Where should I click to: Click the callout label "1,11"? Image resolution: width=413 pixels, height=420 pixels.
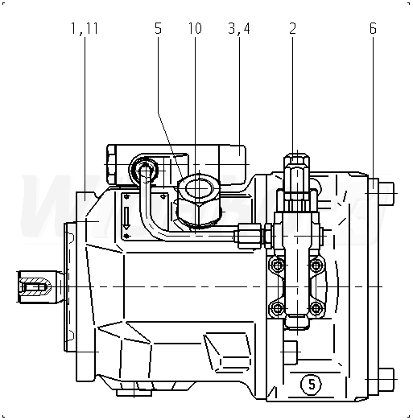coord(85,28)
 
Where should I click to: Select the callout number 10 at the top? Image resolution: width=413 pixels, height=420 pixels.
coord(195,28)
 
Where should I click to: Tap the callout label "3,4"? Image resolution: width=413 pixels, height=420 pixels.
coord(239,28)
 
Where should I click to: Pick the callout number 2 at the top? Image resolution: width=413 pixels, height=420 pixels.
coord(292,28)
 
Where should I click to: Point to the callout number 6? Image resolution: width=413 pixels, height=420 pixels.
coord(373,28)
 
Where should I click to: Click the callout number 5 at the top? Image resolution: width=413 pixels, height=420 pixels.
coord(159,28)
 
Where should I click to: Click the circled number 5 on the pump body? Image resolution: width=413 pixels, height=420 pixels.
coord(312,385)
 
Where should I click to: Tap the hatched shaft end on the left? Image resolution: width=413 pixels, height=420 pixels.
coord(35,287)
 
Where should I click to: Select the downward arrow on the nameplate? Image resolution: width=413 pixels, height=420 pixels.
coord(126,218)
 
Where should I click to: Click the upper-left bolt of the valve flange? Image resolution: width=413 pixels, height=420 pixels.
coord(278,266)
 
